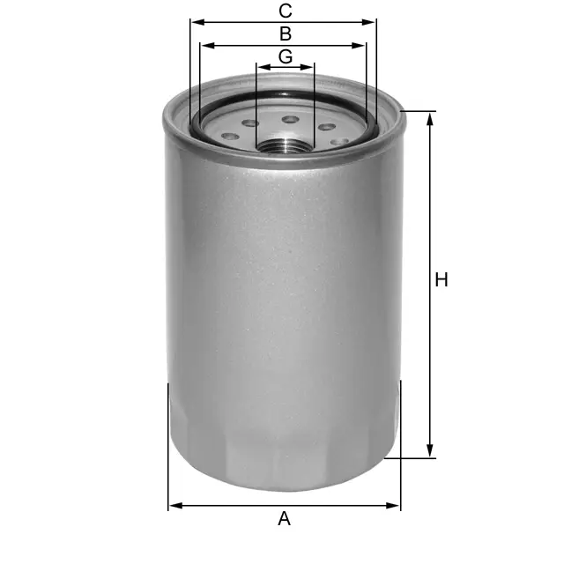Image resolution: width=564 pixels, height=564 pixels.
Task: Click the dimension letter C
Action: click(x=286, y=11)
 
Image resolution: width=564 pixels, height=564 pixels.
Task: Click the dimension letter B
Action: click(x=286, y=33)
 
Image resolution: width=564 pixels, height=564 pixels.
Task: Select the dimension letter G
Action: click(x=286, y=56)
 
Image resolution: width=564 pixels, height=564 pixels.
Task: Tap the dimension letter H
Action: click(x=442, y=280)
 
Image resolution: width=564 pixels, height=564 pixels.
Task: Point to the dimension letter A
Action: click(x=284, y=519)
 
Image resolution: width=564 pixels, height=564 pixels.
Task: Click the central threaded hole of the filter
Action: click(x=285, y=145)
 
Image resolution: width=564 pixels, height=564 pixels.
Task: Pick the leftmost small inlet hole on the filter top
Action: click(x=230, y=137)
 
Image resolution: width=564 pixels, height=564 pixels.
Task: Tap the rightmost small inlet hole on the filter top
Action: click(x=339, y=141)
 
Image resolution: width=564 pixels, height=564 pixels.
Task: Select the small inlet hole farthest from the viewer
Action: click(x=290, y=119)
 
